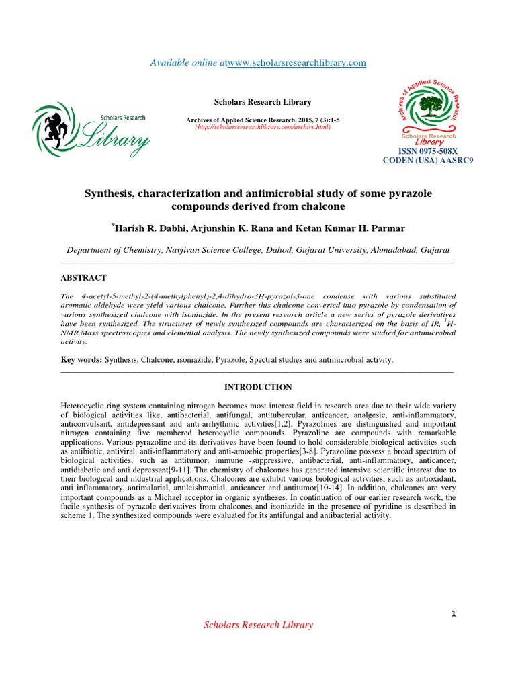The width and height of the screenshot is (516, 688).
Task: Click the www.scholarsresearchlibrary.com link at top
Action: tap(296, 63)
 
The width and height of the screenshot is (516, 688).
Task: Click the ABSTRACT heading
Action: tap(83, 277)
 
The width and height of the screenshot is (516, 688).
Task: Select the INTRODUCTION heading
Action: tap(258, 388)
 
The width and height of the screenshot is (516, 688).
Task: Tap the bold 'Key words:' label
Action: tap(81, 361)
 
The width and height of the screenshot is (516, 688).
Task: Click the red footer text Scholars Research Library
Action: tap(258, 625)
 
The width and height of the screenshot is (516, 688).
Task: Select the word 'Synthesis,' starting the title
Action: tap(109, 194)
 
